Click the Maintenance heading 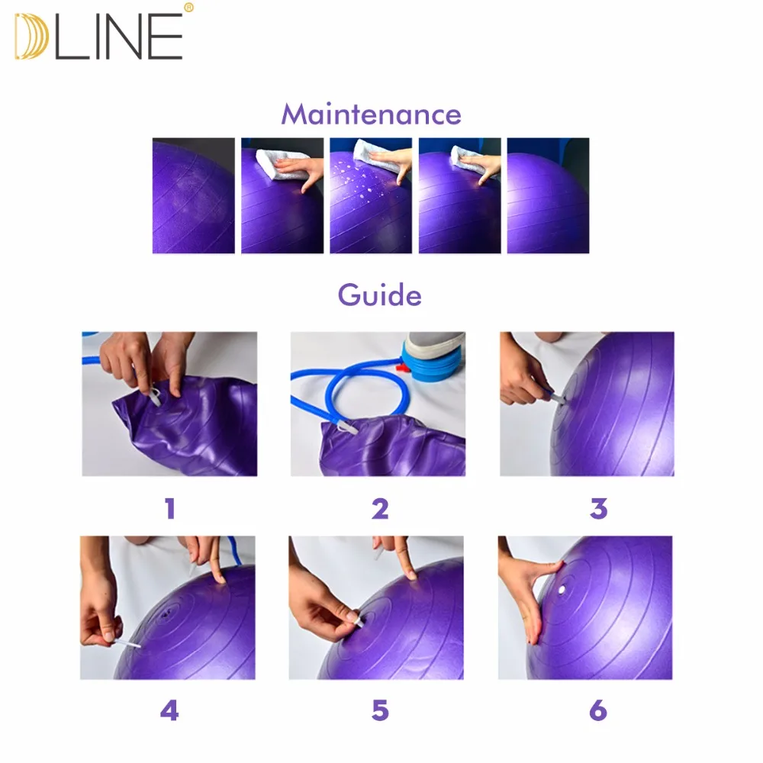pos(371,114)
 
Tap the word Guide pos(379,295)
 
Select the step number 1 pos(169,508)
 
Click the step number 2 pos(380,508)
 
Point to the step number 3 pos(598,508)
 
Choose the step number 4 pos(169,711)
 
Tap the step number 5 pos(380,711)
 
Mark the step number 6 pos(598,711)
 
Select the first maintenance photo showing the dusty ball pos(193,195)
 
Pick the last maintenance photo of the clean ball pos(548,195)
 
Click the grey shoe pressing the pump pos(435,343)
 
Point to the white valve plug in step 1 pos(156,397)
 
